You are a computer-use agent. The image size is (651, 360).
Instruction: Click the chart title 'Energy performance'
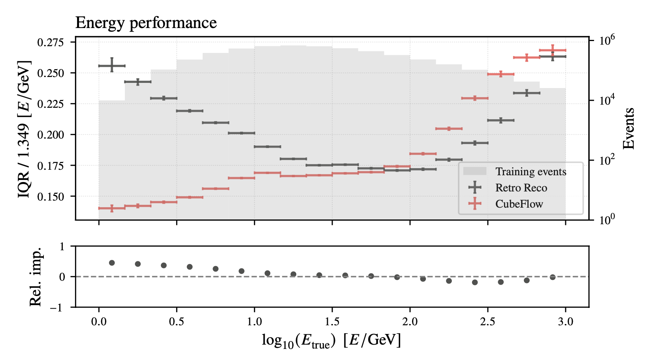146,23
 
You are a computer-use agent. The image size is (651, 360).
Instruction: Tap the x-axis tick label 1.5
332,322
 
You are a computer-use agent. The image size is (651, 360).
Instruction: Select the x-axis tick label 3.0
565,322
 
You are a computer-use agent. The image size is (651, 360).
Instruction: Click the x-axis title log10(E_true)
331,340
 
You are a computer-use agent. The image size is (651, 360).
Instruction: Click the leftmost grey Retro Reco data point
112,66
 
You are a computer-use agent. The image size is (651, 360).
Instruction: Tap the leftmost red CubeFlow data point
112,208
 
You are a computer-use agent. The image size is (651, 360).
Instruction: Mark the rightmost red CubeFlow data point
553,50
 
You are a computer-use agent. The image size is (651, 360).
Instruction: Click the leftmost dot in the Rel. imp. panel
112,263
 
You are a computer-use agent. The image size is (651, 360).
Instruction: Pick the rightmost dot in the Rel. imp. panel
553,277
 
